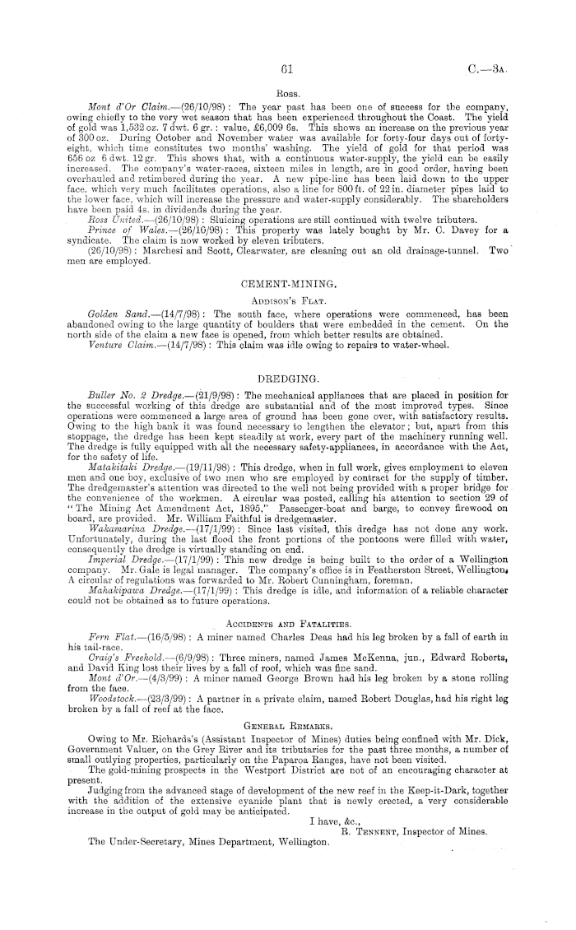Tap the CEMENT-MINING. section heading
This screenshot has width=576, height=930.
tap(287, 283)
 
